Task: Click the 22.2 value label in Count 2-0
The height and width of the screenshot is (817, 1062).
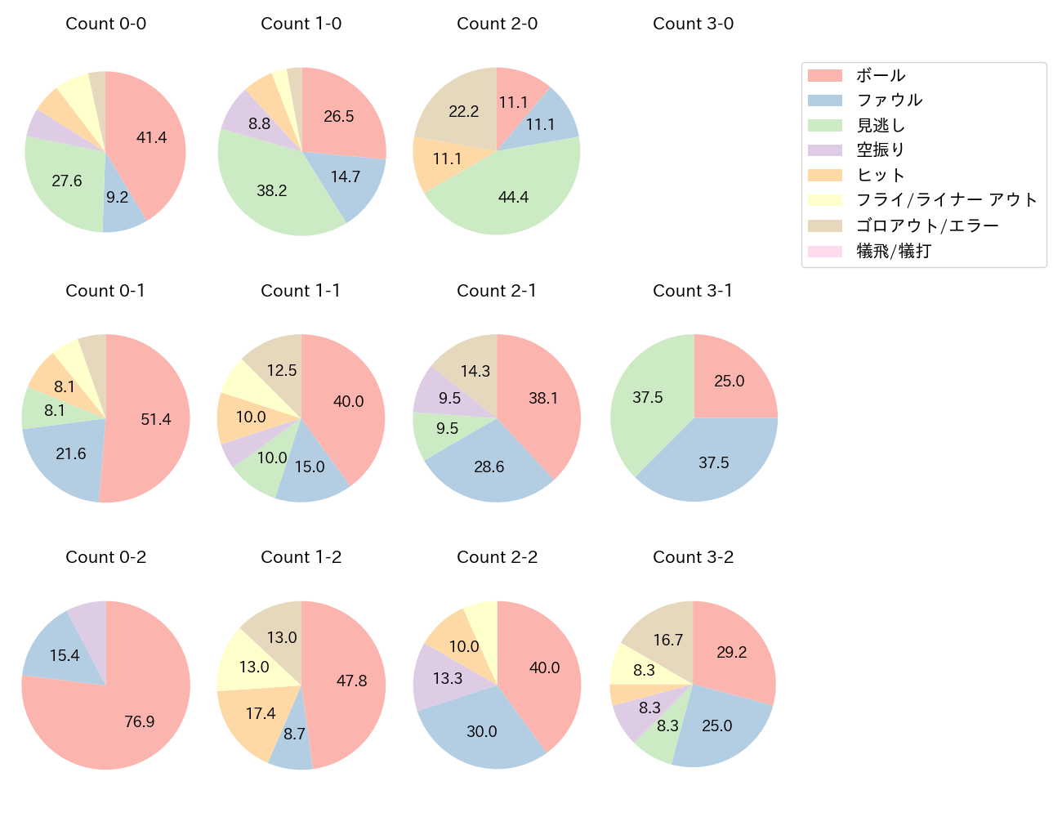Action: point(464,111)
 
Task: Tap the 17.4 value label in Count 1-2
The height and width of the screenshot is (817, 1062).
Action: point(261,713)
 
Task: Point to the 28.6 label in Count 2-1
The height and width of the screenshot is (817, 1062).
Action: point(489,467)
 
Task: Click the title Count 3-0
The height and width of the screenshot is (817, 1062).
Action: point(693,24)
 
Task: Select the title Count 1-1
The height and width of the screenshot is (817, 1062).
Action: point(301,291)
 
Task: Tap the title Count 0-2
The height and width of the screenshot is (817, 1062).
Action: point(105,557)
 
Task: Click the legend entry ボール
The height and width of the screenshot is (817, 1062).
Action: point(881,75)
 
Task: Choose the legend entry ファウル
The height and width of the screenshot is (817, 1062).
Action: point(889,100)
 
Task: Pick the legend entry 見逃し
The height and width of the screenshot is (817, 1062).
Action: point(881,125)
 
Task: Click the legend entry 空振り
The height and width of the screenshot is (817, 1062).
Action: point(881,150)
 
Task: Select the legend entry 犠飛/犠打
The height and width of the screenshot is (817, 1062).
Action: point(894,251)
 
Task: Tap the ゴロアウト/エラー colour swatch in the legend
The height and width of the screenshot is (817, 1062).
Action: point(825,225)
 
